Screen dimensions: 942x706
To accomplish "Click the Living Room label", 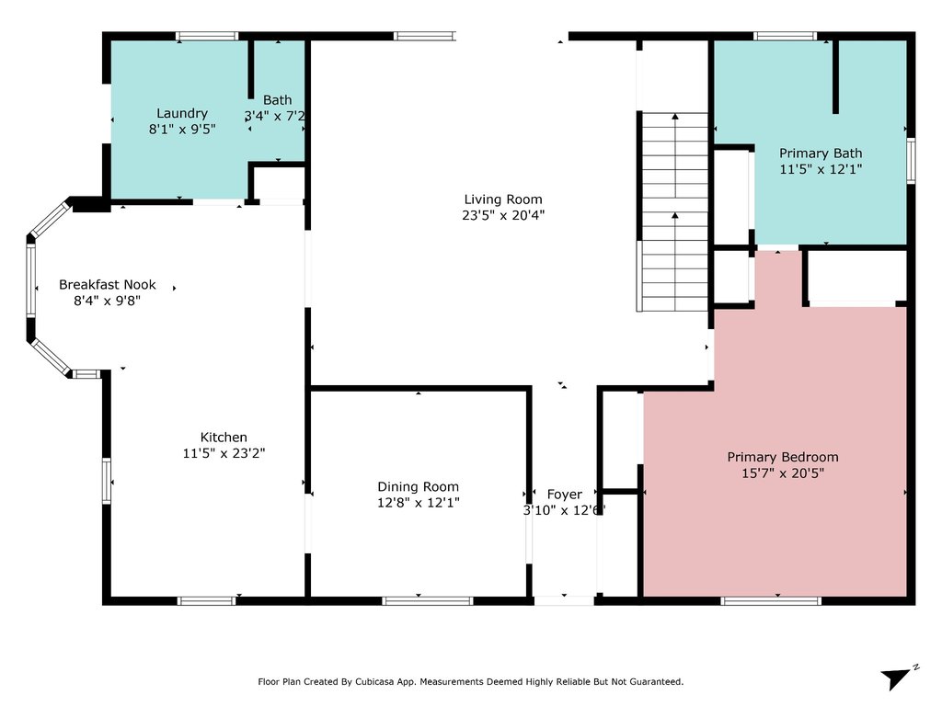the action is [503, 199].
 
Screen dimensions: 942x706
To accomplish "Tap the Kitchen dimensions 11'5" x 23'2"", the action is [224, 453].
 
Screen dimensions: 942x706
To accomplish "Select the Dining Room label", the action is [419, 487].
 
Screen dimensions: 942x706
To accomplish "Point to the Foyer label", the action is [564, 494].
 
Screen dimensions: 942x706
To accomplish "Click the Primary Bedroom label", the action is [783, 457].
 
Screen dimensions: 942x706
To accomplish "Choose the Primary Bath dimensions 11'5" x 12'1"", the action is [821, 169].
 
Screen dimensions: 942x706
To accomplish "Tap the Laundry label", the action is [182, 113].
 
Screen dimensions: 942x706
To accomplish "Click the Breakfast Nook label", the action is [108, 285].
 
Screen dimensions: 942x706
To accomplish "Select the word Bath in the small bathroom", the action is [278, 99].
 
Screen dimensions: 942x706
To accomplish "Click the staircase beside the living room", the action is [675, 212].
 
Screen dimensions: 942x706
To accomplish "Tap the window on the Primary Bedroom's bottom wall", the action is [771, 600].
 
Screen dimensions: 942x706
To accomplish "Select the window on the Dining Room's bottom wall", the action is [428, 600].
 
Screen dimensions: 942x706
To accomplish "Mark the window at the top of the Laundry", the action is [207, 36].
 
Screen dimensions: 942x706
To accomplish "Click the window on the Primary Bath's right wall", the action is [911, 160].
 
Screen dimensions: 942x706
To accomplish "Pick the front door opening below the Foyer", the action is [564, 600].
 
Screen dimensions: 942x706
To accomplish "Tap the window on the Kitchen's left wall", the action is [107, 481].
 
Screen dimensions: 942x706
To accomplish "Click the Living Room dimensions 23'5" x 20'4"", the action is [503, 215].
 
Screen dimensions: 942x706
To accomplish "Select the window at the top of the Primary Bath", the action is [786, 36].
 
